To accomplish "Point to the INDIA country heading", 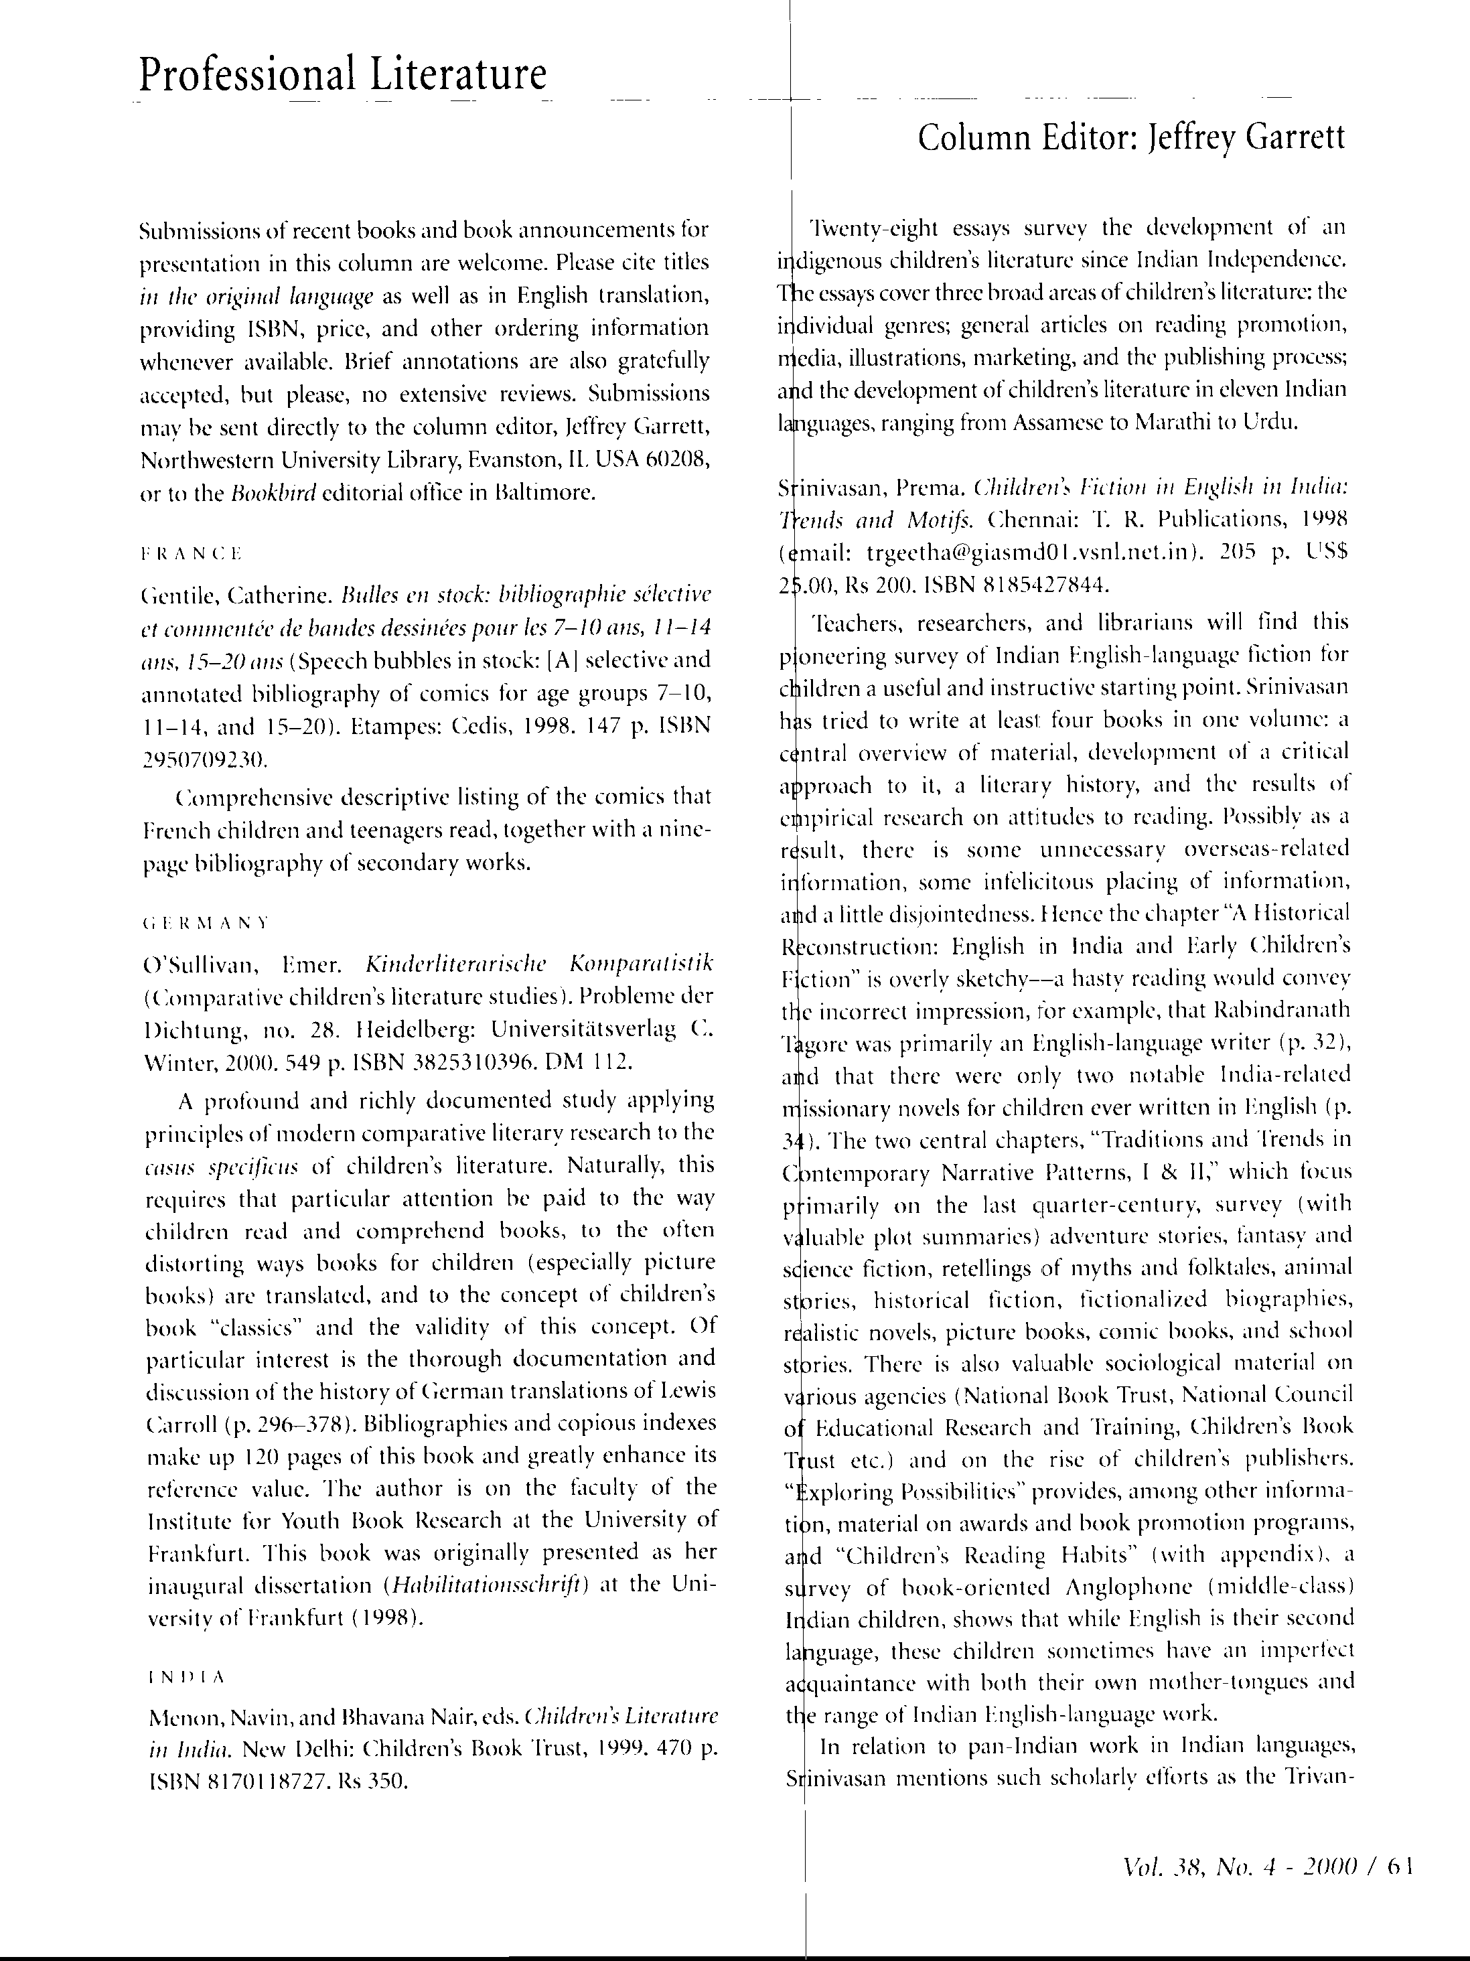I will (x=187, y=1677).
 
